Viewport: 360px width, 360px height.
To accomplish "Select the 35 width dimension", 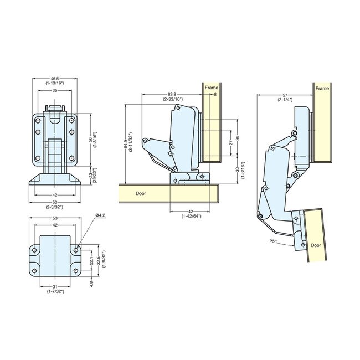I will pos(54,90).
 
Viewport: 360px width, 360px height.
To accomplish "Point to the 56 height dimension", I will pos(91,140).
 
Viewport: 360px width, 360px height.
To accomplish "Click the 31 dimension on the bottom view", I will pos(54,286).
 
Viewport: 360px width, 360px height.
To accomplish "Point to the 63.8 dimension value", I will pos(170,95).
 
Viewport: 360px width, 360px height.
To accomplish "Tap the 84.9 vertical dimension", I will pos(126,143).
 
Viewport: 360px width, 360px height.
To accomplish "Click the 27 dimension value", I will pos(231,142).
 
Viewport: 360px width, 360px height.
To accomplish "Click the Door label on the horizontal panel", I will pos(142,194).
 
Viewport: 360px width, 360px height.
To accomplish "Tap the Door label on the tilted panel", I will pos(316,244).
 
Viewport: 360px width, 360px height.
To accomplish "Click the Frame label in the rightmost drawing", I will pos(322,88).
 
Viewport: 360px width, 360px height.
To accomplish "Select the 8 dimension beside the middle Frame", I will pos(215,95).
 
